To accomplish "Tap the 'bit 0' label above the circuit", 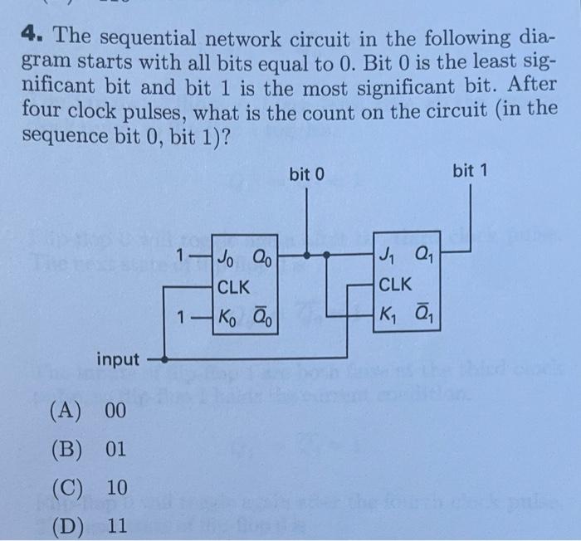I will [x=306, y=174].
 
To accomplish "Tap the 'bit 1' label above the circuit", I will [x=471, y=171].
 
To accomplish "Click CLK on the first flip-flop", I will [x=234, y=287].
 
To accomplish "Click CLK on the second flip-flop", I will [x=395, y=285].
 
